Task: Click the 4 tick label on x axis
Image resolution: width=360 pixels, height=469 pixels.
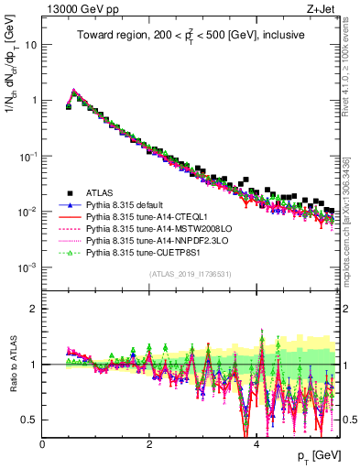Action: [256, 444]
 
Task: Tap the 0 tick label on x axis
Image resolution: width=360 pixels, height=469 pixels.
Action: [43, 444]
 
